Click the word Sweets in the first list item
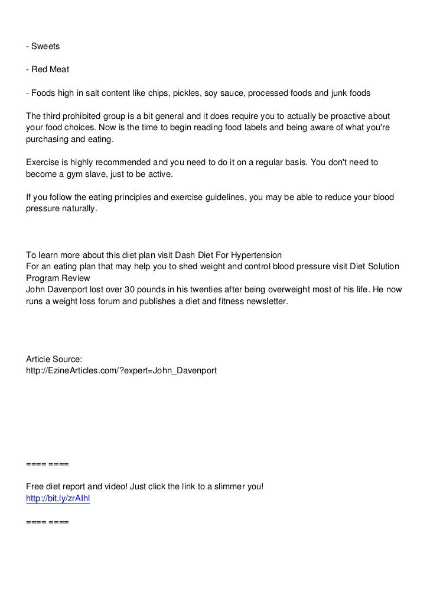click(47, 46)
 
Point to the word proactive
click(350, 117)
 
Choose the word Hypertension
click(256, 255)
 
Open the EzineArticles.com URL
click(122, 371)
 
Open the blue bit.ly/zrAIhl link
click(58, 499)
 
